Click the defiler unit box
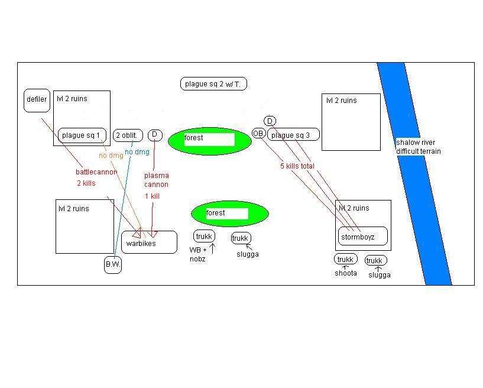(37, 100)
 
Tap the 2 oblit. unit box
(126, 135)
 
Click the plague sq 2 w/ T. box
(213, 84)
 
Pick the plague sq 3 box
(293, 135)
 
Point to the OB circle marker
(258, 134)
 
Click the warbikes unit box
(149, 242)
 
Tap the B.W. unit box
(113, 264)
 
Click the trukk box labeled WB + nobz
(204, 237)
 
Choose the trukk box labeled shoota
(345, 260)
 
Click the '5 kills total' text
(297, 166)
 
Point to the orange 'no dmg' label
(111, 156)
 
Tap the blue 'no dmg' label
(137, 152)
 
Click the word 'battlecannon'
(96, 172)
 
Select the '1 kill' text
(152, 196)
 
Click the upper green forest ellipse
(210, 141)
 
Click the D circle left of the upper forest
(154, 135)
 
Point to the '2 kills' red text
(86, 183)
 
